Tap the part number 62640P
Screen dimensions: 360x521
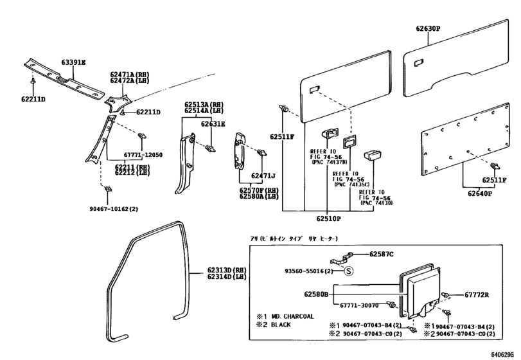click(480, 193)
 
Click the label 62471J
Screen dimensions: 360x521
click(263, 175)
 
